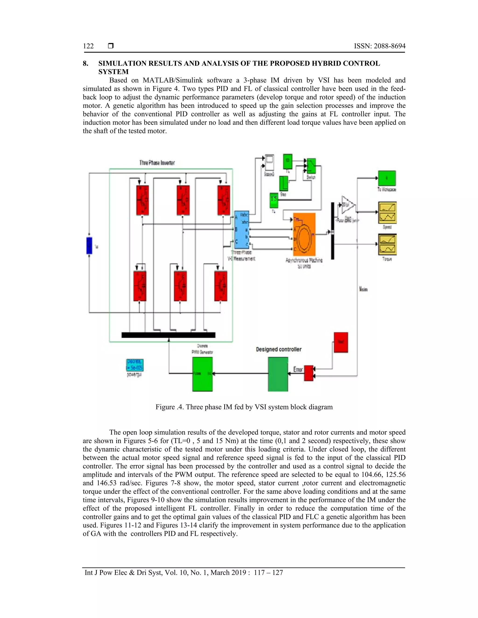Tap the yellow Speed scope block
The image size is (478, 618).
(x=387, y=212)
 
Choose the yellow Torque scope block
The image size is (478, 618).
(x=387, y=244)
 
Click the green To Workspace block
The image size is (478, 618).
(x=387, y=178)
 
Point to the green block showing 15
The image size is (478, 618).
(x=274, y=200)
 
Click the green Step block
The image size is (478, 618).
(x=284, y=184)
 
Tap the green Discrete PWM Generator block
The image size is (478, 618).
(x=202, y=374)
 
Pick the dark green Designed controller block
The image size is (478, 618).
(x=278, y=374)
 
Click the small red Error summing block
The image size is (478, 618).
(x=309, y=373)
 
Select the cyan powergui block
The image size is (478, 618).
(x=135, y=365)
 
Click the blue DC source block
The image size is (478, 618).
(x=89, y=246)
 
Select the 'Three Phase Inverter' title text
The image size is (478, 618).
(x=157, y=163)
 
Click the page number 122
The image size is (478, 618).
(x=88, y=46)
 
